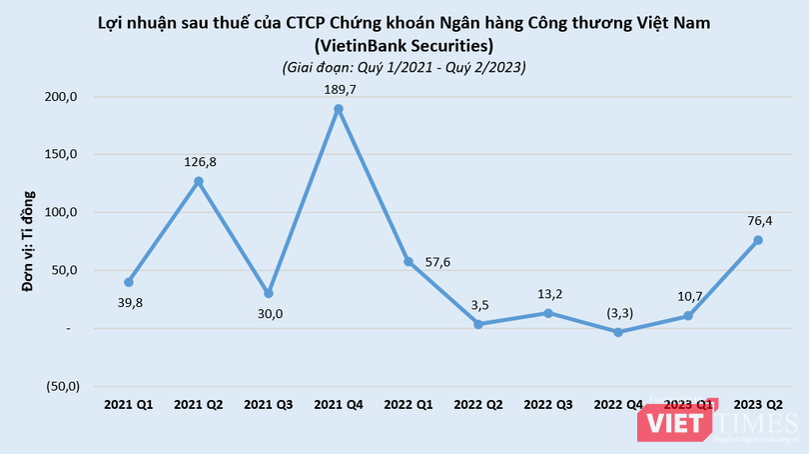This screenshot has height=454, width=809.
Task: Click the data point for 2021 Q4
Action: [339, 109]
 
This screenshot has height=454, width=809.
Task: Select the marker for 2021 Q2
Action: [199, 181]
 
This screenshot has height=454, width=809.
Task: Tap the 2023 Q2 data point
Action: [758, 240]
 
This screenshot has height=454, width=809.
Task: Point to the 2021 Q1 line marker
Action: [129, 282]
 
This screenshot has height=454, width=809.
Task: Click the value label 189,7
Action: [339, 89]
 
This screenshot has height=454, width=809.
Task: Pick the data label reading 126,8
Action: [199, 161]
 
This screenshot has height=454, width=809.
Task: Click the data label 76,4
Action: [758, 220]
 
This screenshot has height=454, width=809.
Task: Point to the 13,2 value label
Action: [548, 293]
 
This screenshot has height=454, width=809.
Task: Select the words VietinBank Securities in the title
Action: [404, 46]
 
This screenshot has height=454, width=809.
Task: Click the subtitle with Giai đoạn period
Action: [404, 67]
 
